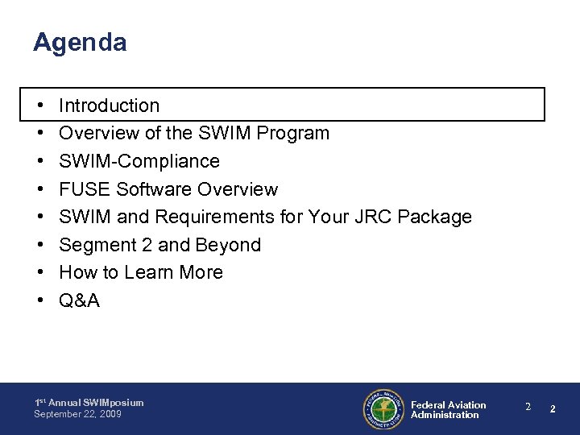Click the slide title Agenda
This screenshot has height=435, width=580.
pyautogui.click(x=80, y=43)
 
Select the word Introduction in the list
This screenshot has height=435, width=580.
pyautogui.click(x=110, y=106)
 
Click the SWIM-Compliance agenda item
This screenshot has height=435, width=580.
pyautogui.click(x=139, y=161)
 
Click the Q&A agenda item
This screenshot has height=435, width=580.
pyautogui.click(x=79, y=300)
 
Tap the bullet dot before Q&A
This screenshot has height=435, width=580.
pyautogui.click(x=39, y=300)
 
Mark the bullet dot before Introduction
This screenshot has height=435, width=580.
pyautogui.click(x=39, y=106)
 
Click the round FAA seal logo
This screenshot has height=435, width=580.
pyautogui.click(x=382, y=409)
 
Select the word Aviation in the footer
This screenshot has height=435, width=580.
pyautogui.click(x=468, y=404)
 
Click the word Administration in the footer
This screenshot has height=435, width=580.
pyautogui.click(x=445, y=415)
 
